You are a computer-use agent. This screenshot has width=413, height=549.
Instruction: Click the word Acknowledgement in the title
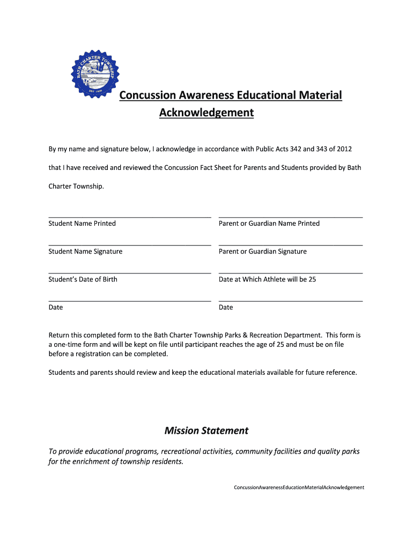click(x=206, y=113)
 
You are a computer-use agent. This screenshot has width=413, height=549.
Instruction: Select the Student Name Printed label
click(x=82, y=224)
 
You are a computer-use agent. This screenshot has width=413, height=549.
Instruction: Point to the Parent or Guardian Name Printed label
click(x=269, y=224)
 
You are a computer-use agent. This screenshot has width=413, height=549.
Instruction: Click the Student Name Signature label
click(x=85, y=251)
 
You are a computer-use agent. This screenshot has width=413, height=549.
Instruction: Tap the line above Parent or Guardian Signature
click(x=290, y=245)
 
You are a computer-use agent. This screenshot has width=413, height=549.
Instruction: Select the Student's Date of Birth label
click(x=83, y=279)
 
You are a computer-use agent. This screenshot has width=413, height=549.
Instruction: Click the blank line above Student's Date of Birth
click(x=129, y=273)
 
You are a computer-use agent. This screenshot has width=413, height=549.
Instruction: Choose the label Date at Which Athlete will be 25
click(x=267, y=279)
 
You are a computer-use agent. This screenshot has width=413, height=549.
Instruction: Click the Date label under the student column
click(x=56, y=307)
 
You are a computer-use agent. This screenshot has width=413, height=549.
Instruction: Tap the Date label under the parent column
click(x=226, y=307)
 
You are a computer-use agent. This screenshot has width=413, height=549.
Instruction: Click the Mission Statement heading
click(x=206, y=431)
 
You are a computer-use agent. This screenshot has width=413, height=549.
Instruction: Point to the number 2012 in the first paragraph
click(x=344, y=149)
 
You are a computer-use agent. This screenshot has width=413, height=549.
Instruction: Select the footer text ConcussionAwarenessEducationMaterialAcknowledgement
click(x=299, y=487)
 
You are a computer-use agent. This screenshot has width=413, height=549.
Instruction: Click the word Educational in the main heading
click(x=266, y=95)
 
